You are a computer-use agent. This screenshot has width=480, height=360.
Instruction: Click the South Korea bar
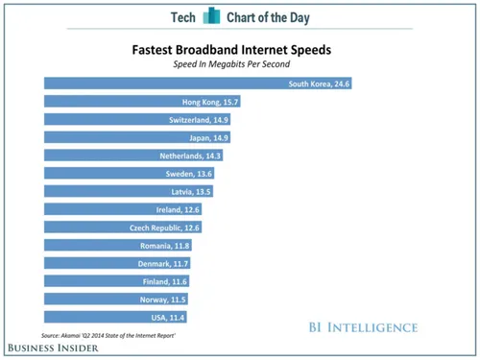point(192,84)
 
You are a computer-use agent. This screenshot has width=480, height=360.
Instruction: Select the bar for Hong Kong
point(134,102)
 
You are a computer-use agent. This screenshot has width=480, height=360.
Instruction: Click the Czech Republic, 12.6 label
point(164,228)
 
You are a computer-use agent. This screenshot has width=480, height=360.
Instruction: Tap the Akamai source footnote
point(114,334)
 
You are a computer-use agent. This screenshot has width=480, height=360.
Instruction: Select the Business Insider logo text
point(56,348)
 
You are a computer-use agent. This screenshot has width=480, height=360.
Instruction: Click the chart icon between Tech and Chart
point(210,17)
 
